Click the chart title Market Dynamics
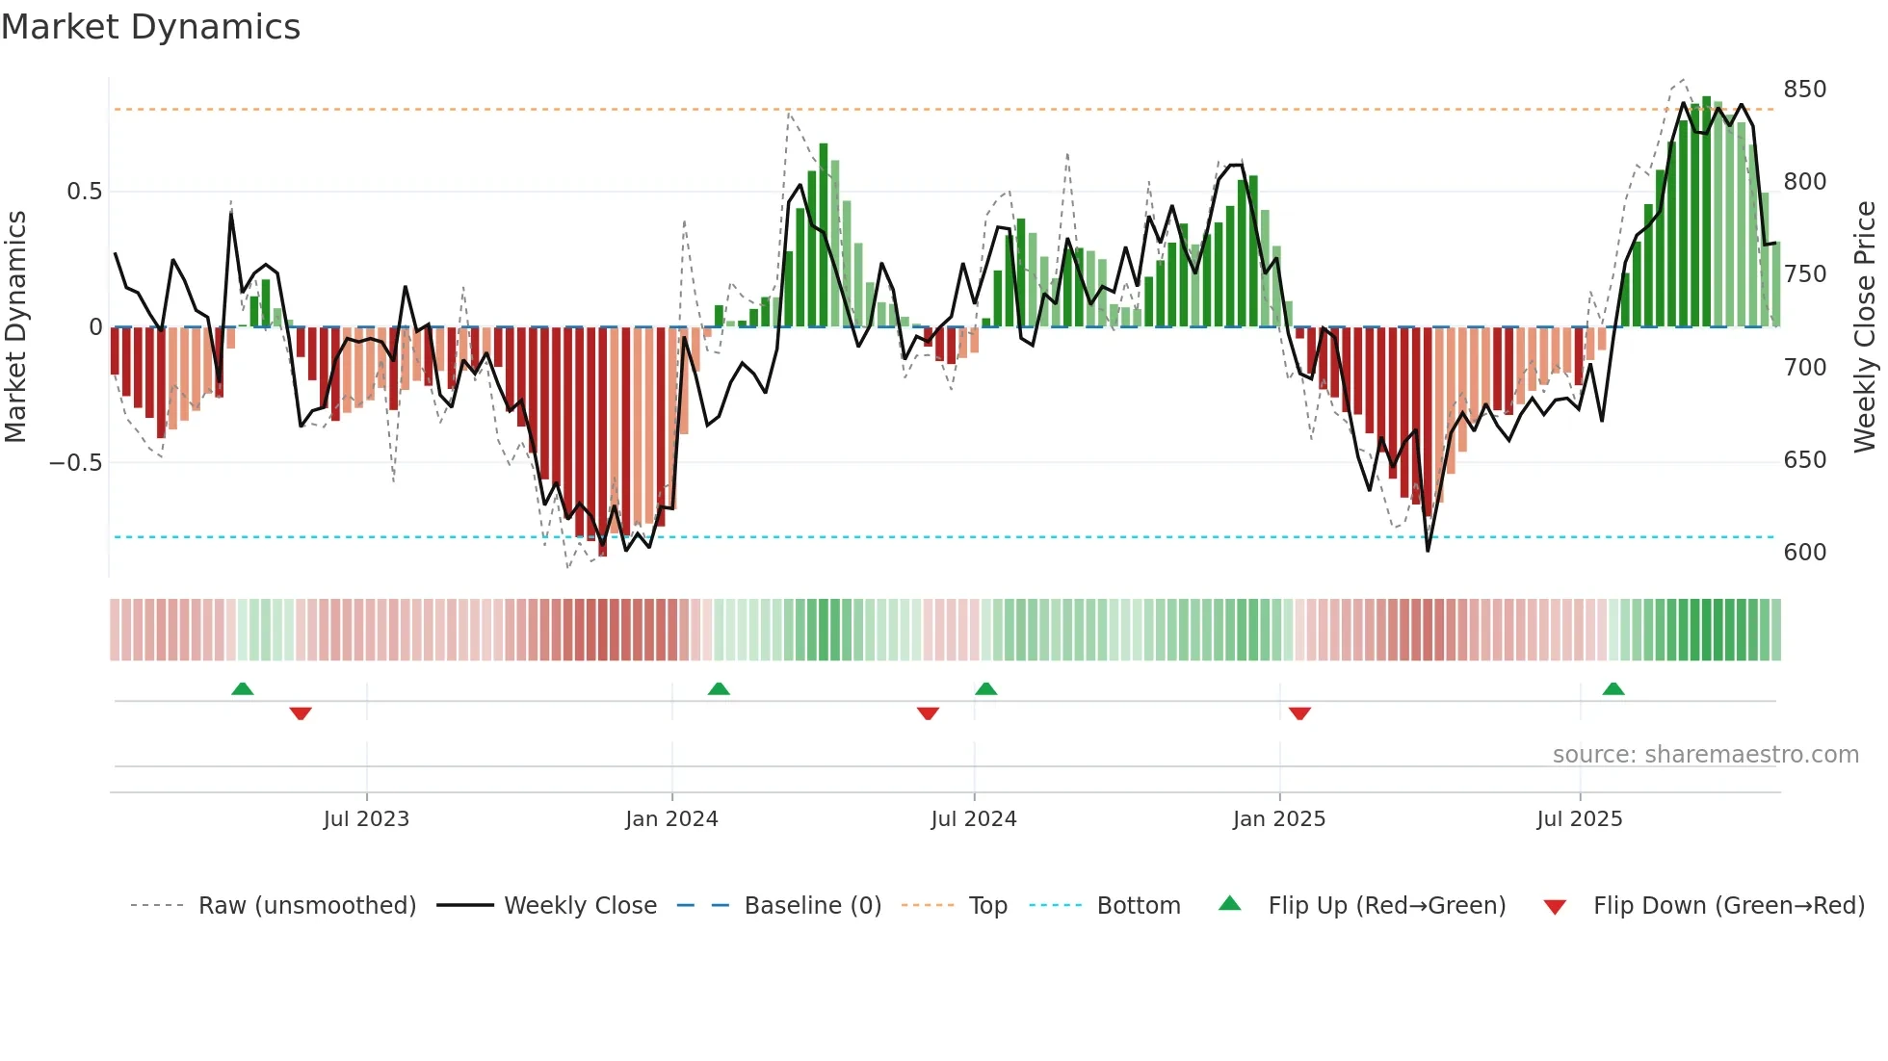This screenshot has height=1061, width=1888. click(x=150, y=27)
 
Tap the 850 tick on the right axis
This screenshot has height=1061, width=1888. click(x=1804, y=90)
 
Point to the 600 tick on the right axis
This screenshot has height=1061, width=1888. click(x=1804, y=553)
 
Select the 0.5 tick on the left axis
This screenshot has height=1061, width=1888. click(x=84, y=192)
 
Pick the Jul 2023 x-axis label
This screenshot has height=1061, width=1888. click(x=366, y=819)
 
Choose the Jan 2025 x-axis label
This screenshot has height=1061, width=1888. click(x=1278, y=819)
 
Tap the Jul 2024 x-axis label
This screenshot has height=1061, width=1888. click(x=973, y=819)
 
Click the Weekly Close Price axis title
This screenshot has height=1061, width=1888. click(x=1865, y=326)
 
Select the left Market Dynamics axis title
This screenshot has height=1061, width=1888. click(x=15, y=326)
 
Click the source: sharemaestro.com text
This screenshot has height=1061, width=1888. click(x=1705, y=755)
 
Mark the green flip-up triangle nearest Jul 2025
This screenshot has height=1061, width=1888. click(x=1613, y=688)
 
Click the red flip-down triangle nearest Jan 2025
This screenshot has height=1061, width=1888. click(x=1299, y=713)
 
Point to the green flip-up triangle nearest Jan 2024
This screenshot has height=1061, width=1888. click(x=719, y=688)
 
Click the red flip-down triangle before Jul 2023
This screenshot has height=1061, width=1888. click(x=301, y=713)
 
